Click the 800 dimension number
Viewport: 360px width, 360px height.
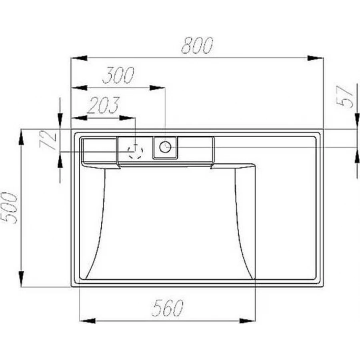(x=197, y=45)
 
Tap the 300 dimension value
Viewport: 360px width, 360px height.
(x=118, y=75)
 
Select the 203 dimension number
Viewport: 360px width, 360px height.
(x=104, y=105)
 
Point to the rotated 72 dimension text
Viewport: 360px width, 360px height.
(x=48, y=140)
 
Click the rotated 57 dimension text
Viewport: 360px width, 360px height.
(x=344, y=97)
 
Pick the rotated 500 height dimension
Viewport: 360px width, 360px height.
(x=9, y=208)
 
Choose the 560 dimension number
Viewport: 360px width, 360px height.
(x=168, y=308)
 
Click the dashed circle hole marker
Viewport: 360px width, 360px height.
(x=136, y=151)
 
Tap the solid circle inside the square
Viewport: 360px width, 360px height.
(x=165, y=147)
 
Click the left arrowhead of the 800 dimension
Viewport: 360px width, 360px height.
(x=79, y=58)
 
